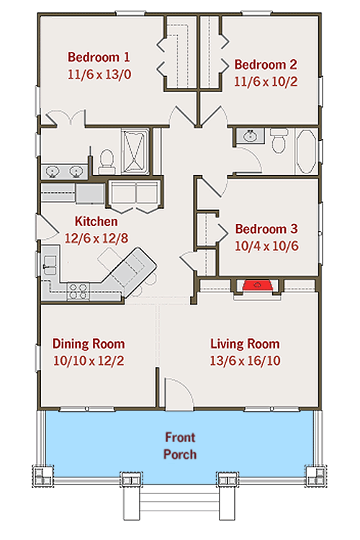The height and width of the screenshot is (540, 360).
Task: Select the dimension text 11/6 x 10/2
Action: (x=266, y=81)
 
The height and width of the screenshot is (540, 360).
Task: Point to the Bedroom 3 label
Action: (x=266, y=229)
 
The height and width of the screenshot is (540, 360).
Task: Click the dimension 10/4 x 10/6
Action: (x=266, y=246)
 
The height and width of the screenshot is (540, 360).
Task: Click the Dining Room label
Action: (x=89, y=343)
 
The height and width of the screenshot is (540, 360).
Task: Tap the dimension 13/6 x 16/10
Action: (x=245, y=360)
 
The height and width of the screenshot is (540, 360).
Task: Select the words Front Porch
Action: (x=180, y=446)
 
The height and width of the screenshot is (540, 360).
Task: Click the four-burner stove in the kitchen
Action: (x=78, y=291)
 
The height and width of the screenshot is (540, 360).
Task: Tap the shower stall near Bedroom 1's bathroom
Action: (x=135, y=150)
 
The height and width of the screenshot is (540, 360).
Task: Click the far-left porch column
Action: (x=41, y=476)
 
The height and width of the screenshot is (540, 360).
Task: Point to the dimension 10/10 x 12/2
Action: (x=89, y=360)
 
